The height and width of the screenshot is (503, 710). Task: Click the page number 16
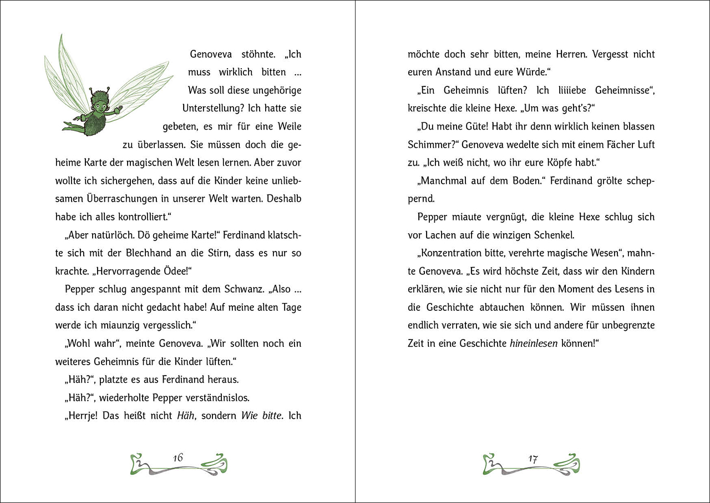(177, 458)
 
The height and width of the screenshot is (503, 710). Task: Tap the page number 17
(533, 459)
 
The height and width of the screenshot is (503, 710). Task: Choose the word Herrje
(83, 415)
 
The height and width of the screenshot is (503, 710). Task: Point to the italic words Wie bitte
(261, 415)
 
